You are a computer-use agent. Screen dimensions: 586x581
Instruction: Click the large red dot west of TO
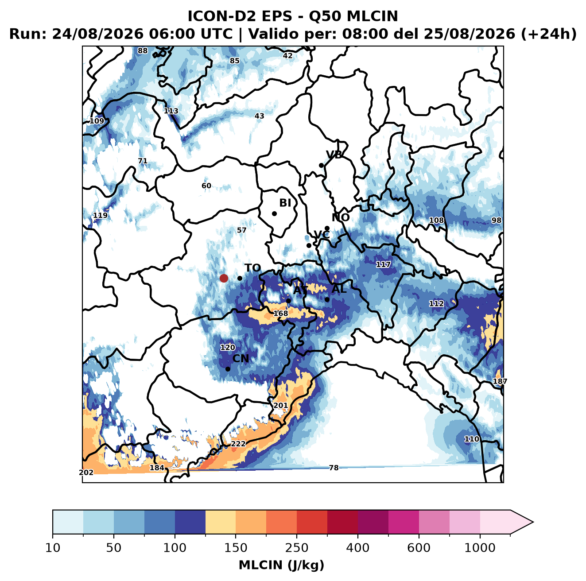click(224, 278)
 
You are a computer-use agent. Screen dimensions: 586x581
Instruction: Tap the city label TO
click(253, 268)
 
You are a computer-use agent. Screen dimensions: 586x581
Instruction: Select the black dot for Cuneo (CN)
click(228, 369)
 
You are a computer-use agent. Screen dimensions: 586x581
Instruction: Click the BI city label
click(285, 203)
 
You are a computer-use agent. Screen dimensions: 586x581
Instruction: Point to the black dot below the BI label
click(274, 214)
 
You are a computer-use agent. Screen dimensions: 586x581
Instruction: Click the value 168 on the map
click(281, 313)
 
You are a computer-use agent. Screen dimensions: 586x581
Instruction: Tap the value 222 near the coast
click(238, 444)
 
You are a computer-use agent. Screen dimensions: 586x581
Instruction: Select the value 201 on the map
click(280, 405)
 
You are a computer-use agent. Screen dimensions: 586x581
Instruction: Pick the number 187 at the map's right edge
click(500, 381)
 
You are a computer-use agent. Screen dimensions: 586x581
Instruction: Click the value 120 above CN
click(228, 348)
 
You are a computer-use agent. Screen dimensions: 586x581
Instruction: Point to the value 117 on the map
click(383, 264)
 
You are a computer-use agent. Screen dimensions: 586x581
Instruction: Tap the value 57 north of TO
click(241, 230)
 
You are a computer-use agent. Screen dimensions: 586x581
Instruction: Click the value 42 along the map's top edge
click(287, 56)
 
